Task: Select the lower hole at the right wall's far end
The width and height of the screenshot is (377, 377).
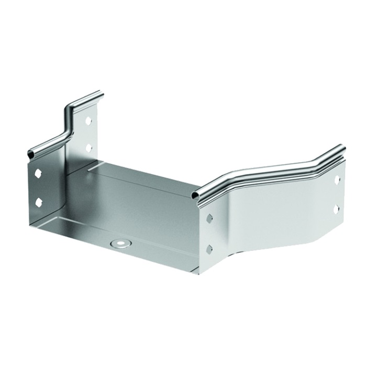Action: pos(336,208)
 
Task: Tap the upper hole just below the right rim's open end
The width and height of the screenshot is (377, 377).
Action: pos(209,217)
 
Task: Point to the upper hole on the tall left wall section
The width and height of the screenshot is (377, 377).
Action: pos(88,120)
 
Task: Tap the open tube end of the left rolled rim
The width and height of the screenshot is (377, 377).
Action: pos(30,153)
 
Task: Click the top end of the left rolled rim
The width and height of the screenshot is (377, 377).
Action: pos(99,95)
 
